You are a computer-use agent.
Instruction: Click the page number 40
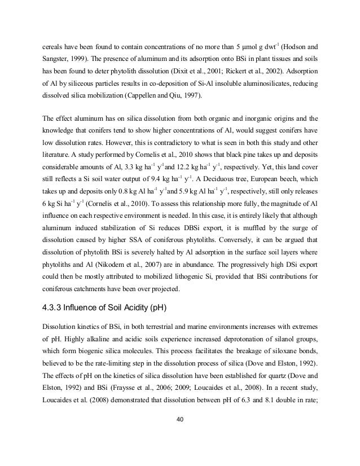[x=180, y=420]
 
